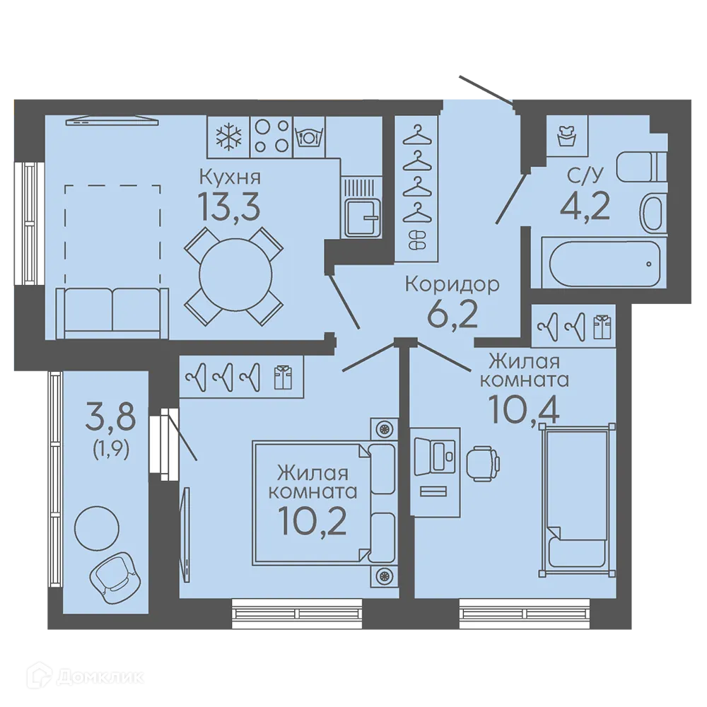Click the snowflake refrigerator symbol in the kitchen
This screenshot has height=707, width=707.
point(228,137)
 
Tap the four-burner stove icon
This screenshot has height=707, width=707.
point(271,136)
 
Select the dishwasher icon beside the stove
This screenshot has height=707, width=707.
point(309,136)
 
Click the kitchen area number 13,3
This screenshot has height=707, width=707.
point(230,207)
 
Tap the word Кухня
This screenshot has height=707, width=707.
point(230,177)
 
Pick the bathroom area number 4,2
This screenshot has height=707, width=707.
point(585,205)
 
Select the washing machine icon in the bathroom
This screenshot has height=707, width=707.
point(566,135)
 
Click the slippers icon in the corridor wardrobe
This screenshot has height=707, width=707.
point(416,240)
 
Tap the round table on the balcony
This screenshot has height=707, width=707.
point(97,527)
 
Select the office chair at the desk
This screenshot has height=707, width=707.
point(482,463)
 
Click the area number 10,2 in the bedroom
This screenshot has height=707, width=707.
point(312,520)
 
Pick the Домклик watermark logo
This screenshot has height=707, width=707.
point(86,677)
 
